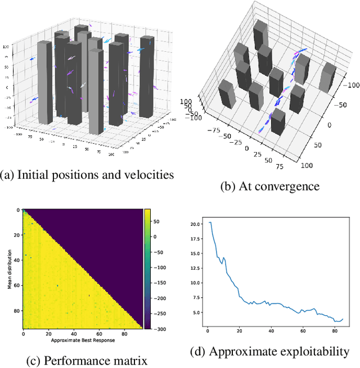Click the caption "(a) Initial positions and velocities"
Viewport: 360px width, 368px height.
[x=87, y=175]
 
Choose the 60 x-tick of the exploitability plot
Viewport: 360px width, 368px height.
[x=304, y=330]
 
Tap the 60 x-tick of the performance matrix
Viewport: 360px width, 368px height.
[x=99, y=334]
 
